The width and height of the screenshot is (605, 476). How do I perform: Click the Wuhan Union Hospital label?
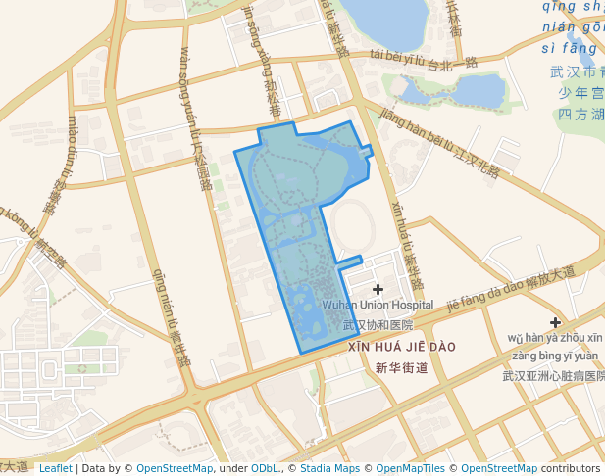[x=378, y=306]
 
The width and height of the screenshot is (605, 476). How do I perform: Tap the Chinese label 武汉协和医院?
[x=378, y=324]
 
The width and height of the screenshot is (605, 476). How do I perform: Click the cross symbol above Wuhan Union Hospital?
[x=378, y=289]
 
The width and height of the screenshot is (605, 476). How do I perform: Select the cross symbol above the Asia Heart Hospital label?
[x=555, y=322]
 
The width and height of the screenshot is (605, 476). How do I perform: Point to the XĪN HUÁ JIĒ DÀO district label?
[x=402, y=347]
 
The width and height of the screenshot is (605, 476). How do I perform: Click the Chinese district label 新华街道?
[x=402, y=368]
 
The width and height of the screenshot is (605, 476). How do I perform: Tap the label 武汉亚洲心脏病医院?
[x=553, y=375]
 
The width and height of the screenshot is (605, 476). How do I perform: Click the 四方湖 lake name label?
[x=580, y=115]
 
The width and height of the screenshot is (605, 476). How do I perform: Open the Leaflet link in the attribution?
[x=55, y=468]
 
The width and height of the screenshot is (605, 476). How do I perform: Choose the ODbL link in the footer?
[x=266, y=468]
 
